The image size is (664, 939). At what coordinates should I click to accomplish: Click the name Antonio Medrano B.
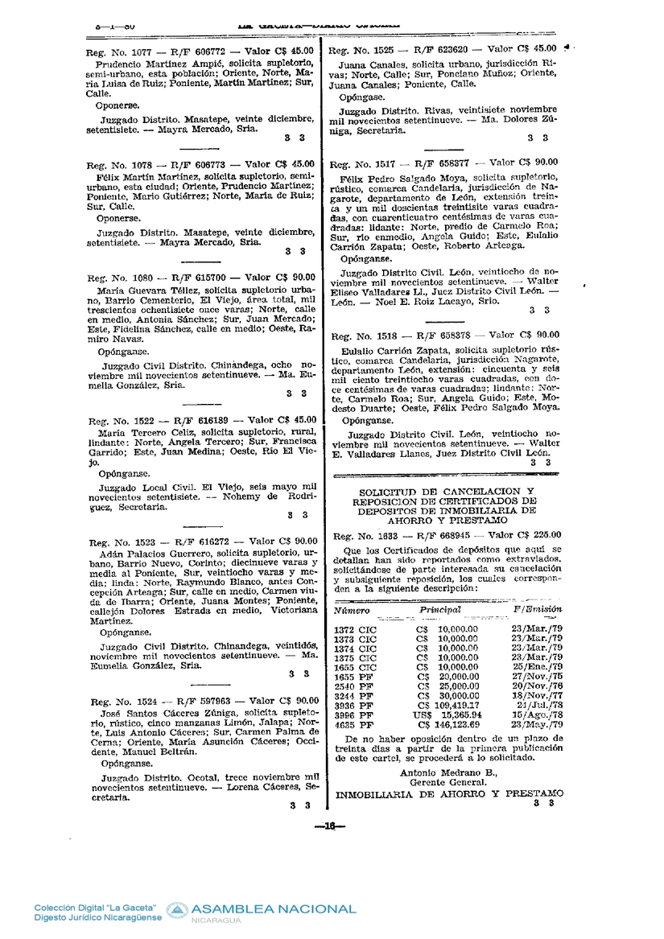(x=448, y=772)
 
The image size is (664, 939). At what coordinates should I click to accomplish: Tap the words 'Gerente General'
(x=448, y=782)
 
